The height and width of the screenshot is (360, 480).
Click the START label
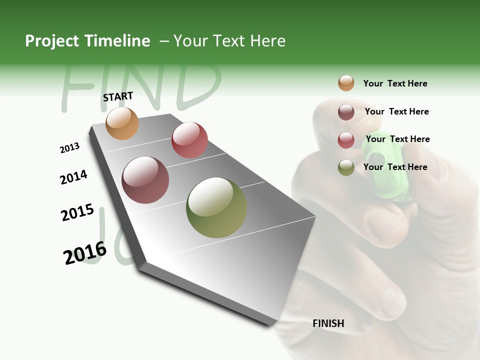(118, 96)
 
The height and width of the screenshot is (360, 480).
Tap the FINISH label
(328, 323)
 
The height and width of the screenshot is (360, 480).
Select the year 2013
(70, 148)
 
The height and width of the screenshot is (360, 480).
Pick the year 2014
(73, 177)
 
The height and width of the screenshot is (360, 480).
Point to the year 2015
(77, 212)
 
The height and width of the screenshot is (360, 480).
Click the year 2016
(85, 252)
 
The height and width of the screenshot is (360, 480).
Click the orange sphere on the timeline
(122, 123)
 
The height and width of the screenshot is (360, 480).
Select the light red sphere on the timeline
(189, 140)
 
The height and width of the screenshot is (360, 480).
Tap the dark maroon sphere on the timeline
(145, 180)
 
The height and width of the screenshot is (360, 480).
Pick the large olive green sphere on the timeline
(216, 207)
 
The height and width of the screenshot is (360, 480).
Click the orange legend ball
(346, 83)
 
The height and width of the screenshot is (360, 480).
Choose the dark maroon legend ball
(346, 112)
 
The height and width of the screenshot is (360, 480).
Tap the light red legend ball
(346, 140)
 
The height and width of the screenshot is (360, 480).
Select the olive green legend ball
(346, 167)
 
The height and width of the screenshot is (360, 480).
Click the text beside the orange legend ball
(395, 83)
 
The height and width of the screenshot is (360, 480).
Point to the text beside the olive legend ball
(395, 167)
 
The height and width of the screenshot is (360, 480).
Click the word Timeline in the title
(117, 41)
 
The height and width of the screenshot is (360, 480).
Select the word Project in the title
(51, 41)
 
